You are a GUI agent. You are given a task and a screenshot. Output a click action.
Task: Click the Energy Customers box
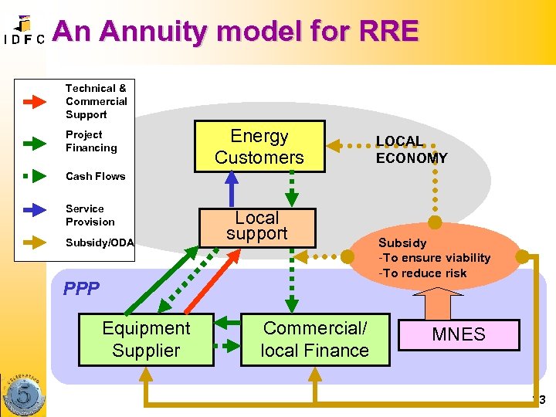tap(259, 147)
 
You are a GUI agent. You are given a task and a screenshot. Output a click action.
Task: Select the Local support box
tap(256, 227)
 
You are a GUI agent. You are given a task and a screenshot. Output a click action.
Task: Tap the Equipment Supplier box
tap(146, 339)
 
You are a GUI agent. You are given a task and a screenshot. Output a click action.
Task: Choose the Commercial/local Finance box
tap(314, 339)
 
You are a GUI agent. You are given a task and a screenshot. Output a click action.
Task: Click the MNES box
tap(458, 334)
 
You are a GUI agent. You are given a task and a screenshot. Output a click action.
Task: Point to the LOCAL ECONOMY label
tap(411, 150)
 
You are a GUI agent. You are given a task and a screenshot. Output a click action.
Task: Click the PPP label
tap(82, 289)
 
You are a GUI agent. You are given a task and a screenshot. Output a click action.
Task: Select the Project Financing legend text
tap(91, 141)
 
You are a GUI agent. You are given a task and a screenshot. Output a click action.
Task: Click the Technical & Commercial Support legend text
tap(96, 101)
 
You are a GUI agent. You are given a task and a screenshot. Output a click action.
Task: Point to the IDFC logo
tap(23, 32)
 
